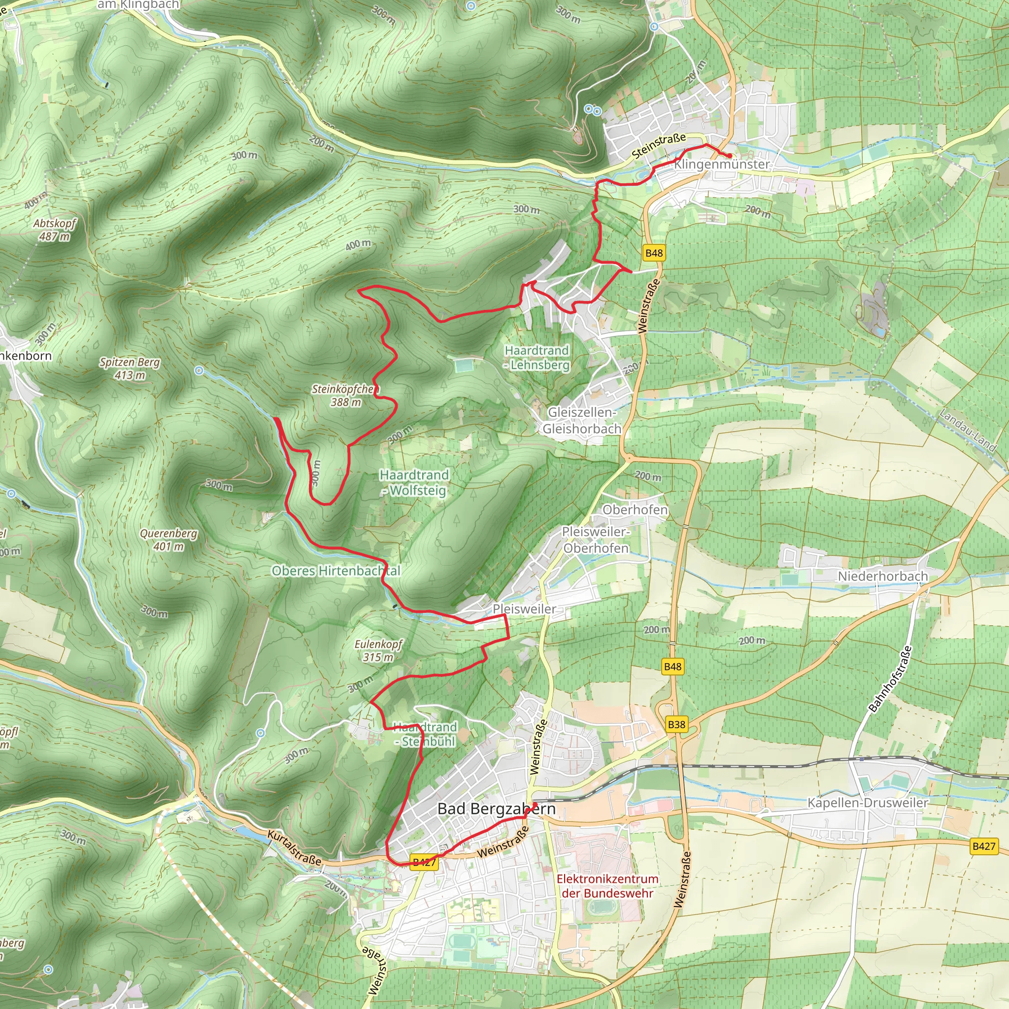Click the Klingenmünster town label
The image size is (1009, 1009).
pyautogui.click(x=722, y=164)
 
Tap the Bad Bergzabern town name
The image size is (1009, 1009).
pyautogui.click(x=496, y=809)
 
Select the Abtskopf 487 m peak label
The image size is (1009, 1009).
pyautogui.click(x=54, y=230)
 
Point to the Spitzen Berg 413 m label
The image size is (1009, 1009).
pyautogui.click(x=130, y=368)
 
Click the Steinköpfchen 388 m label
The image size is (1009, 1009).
pyautogui.click(x=345, y=395)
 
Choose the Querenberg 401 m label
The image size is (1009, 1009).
pyautogui.click(x=168, y=539)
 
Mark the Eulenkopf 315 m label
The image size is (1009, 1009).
pyautogui.click(x=378, y=650)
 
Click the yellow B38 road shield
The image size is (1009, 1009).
pyautogui.click(x=676, y=724)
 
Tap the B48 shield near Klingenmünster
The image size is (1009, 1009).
pyautogui.click(x=654, y=253)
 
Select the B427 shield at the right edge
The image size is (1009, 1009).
pyautogui.click(x=984, y=846)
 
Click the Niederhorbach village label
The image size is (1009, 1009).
pyautogui.click(x=882, y=576)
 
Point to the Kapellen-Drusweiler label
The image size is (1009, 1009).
pyautogui.click(x=868, y=803)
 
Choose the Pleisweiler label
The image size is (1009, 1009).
pyautogui.click(x=524, y=609)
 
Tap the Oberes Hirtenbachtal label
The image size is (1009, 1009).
pyautogui.click(x=336, y=571)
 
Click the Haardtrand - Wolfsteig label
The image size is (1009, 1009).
pyautogui.click(x=414, y=482)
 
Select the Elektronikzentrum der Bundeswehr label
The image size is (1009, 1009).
pyautogui.click(x=607, y=886)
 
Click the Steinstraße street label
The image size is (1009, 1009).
pyautogui.click(x=659, y=146)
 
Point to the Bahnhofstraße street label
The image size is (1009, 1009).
pyautogui.click(x=890, y=679)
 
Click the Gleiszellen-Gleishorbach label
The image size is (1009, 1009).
pyautogui.click(x=582, y=420)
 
